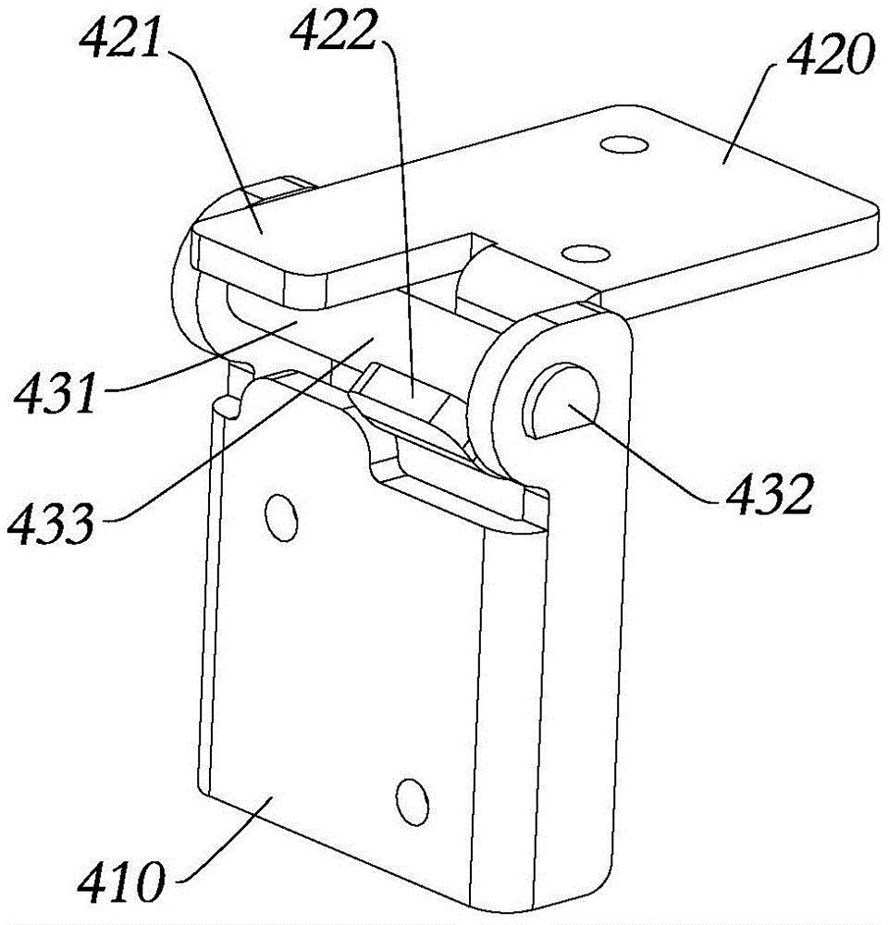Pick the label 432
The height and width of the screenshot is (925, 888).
(766, 498)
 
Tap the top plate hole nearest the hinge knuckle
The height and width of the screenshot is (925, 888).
(581, 252)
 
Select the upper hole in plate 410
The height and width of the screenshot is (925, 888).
(277, 515)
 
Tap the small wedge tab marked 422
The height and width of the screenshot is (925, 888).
(407, 394)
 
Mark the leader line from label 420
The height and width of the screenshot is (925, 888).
(740, 120)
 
